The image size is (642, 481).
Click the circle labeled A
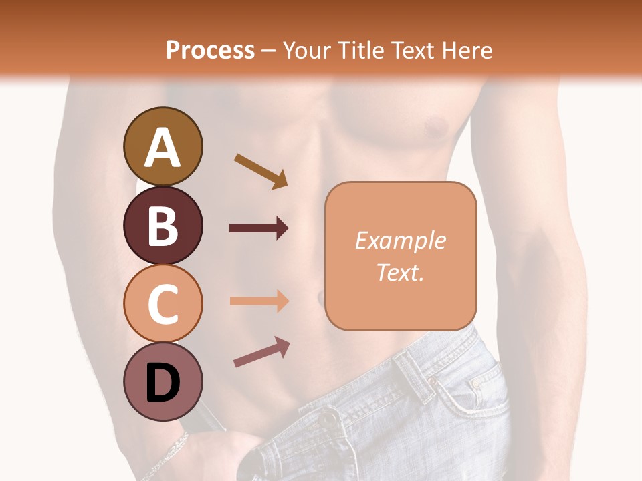coord(163,146)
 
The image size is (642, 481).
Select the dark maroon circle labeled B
coord(163,225)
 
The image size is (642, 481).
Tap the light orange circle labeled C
coord(163,303)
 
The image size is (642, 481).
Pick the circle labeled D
coord(163,382)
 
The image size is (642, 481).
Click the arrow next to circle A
coord(260,170)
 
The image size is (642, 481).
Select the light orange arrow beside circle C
coord(259,301)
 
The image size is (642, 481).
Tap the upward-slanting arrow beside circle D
coord(261,352)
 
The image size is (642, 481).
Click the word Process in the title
coord(210,50)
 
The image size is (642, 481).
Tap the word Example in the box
coord(400,240)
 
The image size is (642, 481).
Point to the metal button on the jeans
coord(328,418)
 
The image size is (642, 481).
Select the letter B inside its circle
coord(163,225)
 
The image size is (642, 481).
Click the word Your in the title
coord(306,50)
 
